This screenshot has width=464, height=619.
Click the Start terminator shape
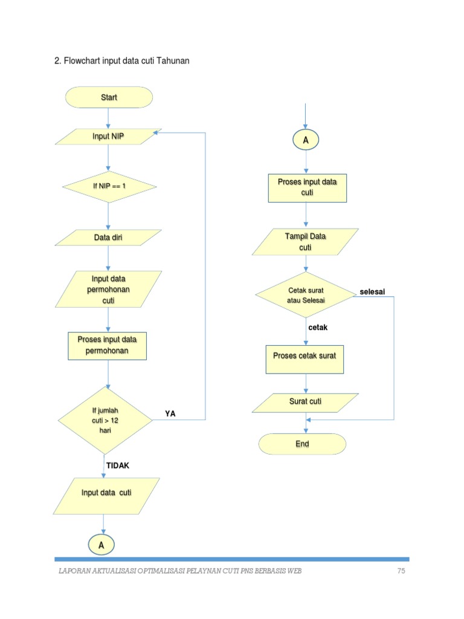pyautogui.click(x=109, y=97)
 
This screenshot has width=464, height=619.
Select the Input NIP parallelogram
pyautogui.click(x=109, y=137)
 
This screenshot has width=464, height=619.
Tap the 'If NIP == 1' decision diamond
pyautogui.click(x=109, y=186)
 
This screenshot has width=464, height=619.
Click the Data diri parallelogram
pyautogui.click(x=109, y=238)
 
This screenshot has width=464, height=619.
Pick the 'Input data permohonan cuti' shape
pyautogui.click(x=109, y=289)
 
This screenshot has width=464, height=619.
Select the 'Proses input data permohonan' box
pyautogui.click(x=107, y=345)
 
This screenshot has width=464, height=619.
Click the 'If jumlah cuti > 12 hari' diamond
pyautogui.click(x=105, y=420)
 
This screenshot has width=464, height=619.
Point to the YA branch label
pyautogui.click(x=170, y=413)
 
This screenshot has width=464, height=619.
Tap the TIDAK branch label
pyautogui.click(x=118, y=465)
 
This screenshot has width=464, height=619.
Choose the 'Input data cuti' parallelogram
pyautogui.click(x=107, y=493)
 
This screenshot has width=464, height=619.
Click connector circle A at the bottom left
pyautogui.click(x=101, y=545)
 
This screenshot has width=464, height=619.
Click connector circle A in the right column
pyautogui.click(x=306, y=140)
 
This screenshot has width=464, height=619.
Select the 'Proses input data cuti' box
pyautogui.click(x=307, y=187)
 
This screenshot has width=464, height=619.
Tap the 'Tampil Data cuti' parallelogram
pyautogui.click(x=306, y=242)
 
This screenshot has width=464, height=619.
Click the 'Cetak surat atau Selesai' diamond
pyautogui.click(x=306, y=295)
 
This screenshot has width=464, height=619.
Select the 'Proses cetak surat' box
pyautogui.click(x=304, y=355)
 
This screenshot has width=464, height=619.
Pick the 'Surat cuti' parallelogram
pyautogui.click(x=306, y=401)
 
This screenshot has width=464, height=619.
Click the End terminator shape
pyautogui.click(x=303, y=444)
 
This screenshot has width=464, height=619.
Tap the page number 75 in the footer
pyautogui.click(x=401, y=571)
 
